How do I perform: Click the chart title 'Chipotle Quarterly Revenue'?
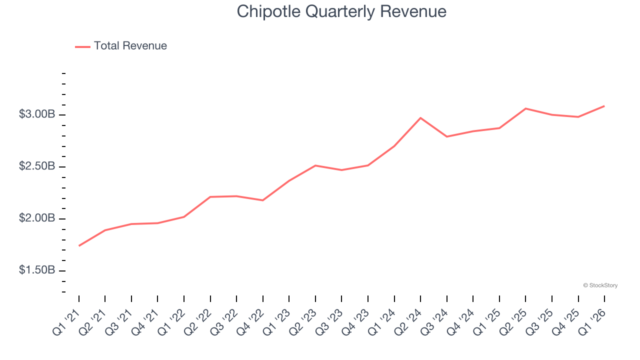point(341,11)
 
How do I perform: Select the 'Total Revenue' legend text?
point(130,46)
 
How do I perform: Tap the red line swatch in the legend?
point(82,46)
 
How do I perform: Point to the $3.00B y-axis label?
point(37,114)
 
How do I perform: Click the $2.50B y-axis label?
point(37,166)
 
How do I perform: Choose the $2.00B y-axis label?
point(37,218)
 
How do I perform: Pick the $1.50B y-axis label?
point(37,270)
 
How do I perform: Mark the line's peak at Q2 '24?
point(420,118)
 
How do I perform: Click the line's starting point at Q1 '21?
point(79,245)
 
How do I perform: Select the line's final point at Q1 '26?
point(604,106)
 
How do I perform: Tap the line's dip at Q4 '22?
point(263,200)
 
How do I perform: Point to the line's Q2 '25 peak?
point(525,108)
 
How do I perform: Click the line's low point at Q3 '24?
point(446,136)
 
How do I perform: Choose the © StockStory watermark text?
point(600,285)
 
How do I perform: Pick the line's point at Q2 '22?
point(210,197)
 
